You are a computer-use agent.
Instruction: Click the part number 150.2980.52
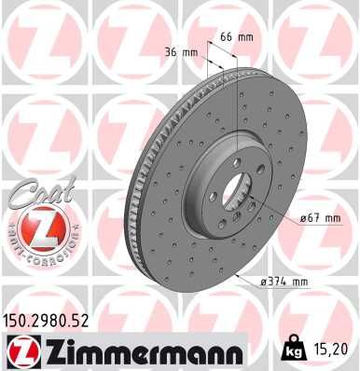[x=53, y=320]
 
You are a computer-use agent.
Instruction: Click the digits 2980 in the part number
[x=55, y=320]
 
